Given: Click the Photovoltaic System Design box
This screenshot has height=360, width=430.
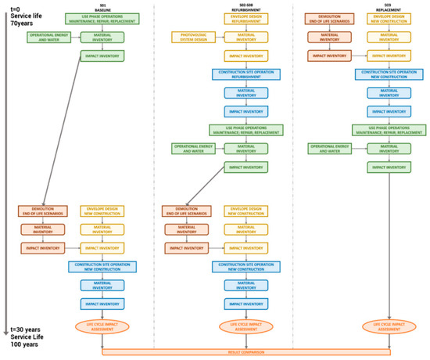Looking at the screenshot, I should click(x=192, y=37).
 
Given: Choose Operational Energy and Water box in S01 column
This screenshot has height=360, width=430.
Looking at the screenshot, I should click(x=48, y=37).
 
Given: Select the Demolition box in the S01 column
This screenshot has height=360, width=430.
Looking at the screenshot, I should click(x=41, y=211).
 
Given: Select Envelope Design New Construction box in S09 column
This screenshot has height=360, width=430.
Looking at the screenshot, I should click(x=389, y=18).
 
